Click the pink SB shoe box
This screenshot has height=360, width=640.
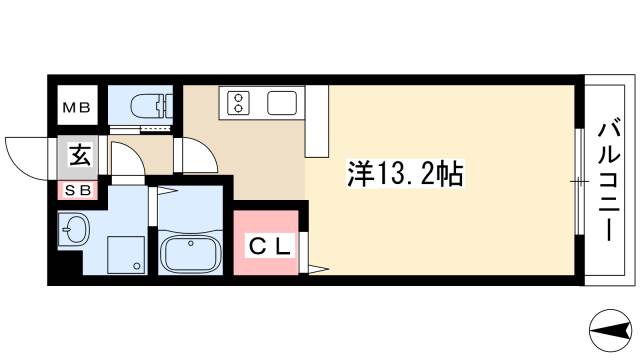click(x=77, y=190)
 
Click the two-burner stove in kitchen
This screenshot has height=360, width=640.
click(x=241, y=101)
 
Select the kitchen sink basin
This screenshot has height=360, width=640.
click(x=281, y=102)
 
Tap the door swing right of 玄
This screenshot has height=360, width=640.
click(x=125, y=158)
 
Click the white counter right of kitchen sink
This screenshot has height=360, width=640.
click(x=317, y=121)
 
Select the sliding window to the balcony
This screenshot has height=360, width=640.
click(x=579, y=180)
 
